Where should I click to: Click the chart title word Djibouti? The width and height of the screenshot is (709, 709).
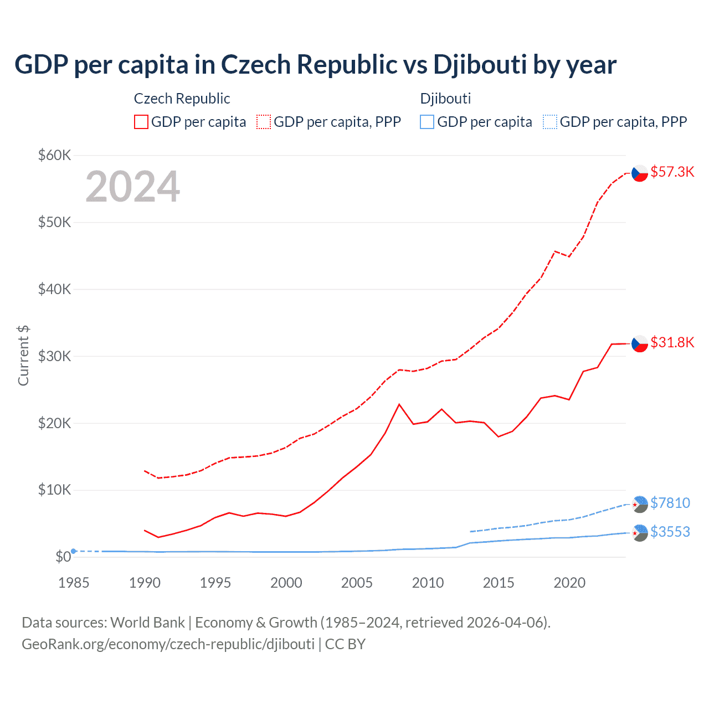(x=480, y=65)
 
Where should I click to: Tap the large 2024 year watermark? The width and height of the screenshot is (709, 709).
(x=132, y=187)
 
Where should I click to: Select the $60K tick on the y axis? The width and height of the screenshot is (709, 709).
(x=54, y=155)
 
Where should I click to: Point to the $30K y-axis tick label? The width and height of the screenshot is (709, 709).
(x=54, y=356)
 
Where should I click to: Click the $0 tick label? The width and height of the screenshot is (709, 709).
(x=63, y=557)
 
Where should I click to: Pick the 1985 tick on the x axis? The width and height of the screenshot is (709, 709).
(x=74, y=583)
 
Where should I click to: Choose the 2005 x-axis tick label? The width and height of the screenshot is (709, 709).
(x=357, y=583)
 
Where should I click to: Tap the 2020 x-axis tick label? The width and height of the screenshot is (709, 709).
(x=569, y=583)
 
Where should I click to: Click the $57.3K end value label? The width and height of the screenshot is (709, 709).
(x=672, y=172)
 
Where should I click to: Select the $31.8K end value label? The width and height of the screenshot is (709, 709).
(x=672, y=343)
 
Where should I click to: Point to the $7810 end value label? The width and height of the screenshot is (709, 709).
(x=670, y=503)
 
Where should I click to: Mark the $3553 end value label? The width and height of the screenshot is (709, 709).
(x=670, y=532)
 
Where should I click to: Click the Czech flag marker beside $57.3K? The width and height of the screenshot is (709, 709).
(x=640, y=173)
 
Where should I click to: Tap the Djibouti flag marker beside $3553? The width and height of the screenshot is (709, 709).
(x=640, y=533)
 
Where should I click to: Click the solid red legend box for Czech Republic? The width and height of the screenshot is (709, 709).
(x=141, y=122)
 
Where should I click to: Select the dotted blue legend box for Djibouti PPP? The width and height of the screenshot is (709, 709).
(x=549, y=122)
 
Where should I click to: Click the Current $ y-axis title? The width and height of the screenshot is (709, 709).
(x=23, y=356)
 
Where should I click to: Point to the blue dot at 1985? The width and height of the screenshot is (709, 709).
(x=74, y=551)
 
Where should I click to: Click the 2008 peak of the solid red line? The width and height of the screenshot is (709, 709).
(x=399, y=404)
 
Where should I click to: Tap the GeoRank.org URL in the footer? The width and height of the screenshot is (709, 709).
(x=168, y=644)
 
